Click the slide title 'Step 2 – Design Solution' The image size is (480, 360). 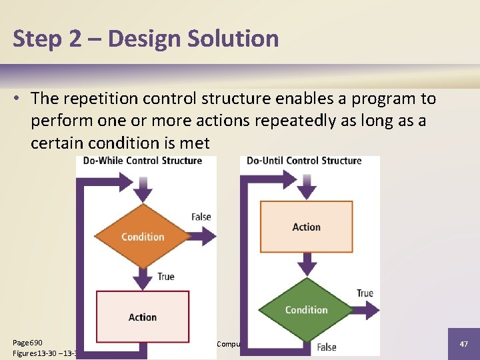(145, 39)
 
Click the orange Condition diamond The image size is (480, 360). (143, 237)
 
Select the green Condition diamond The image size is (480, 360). (306, 309)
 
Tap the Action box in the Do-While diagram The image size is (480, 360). (143, 317)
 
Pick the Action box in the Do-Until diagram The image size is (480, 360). (306, 227)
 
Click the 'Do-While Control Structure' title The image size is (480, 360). (143, 161)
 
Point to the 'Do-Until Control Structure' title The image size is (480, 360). (304, 161)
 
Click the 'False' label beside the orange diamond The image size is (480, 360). (201, 217)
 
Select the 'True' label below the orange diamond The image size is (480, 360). (165, 276)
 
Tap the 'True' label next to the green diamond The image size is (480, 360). (365, 293)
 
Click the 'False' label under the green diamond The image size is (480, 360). (327, 347)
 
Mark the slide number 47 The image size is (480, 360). (463, 343)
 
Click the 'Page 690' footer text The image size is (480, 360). (28, 342)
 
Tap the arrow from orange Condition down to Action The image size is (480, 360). (143, 277)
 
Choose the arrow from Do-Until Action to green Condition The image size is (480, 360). (306, 265)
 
